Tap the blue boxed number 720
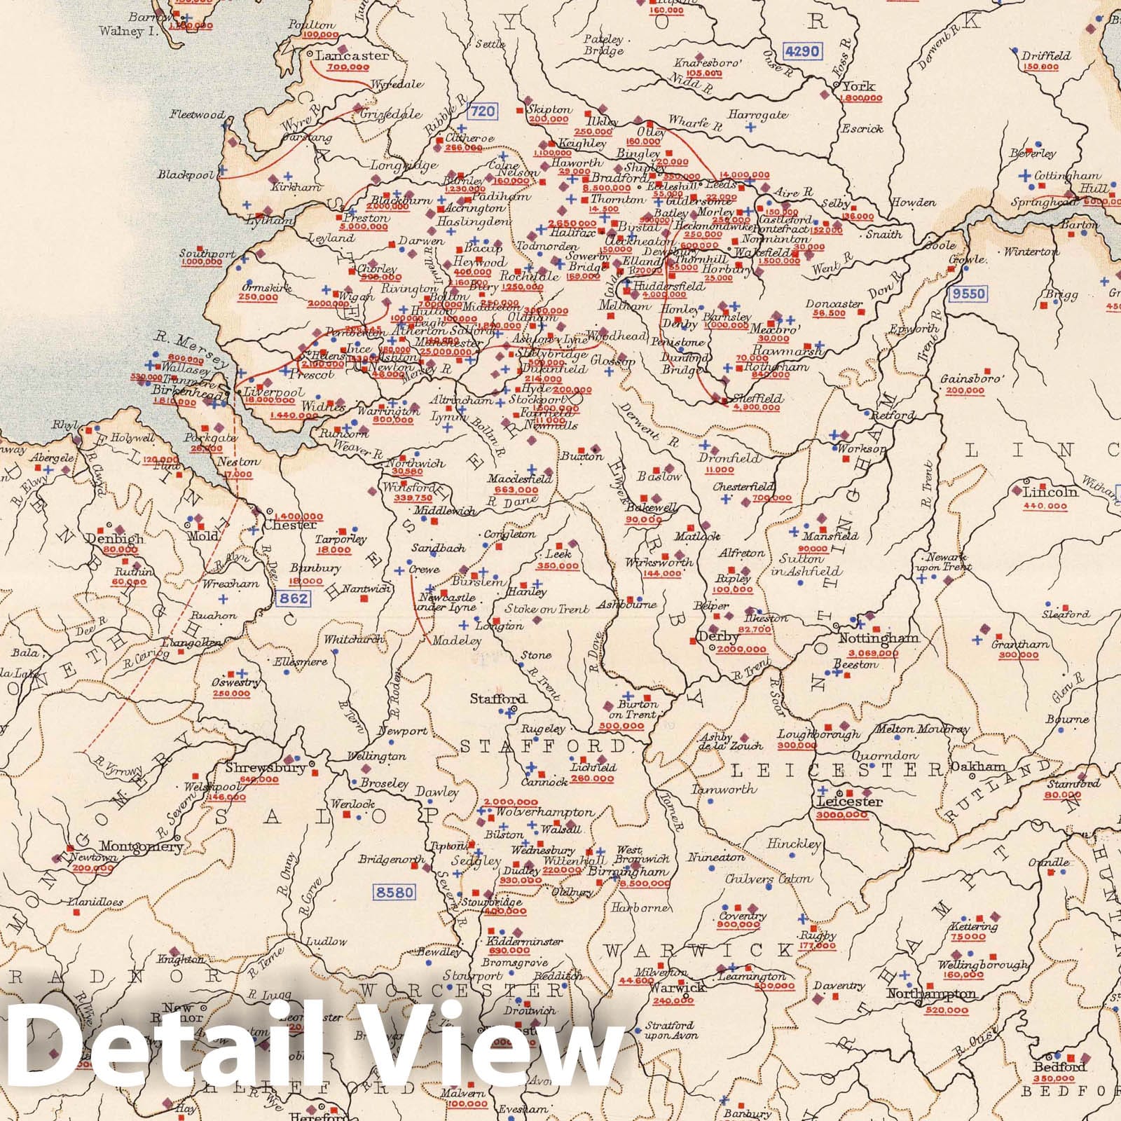click(481, 111)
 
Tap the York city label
click(859, 87)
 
